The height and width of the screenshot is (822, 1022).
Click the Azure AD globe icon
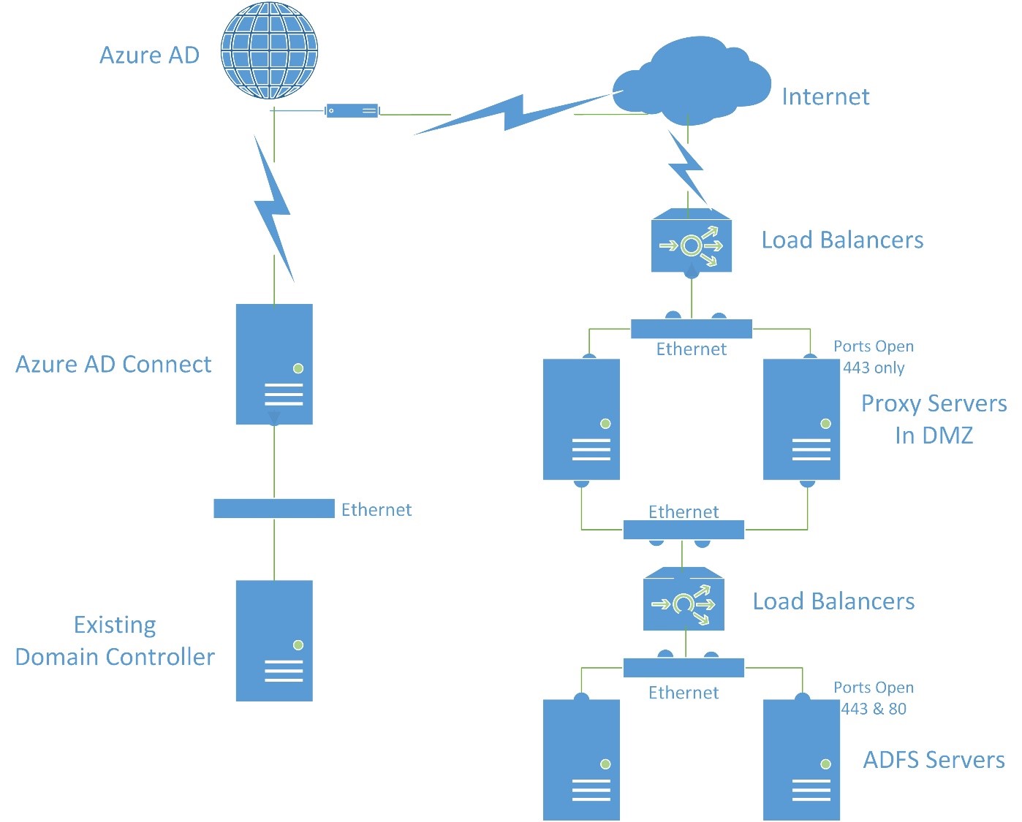pyautogui.click(x=269, y=50)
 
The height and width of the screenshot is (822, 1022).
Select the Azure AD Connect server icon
pyautogui.click(x=274, y=364)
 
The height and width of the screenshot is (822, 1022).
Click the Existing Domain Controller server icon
pyautogui.click(x=274, y=640)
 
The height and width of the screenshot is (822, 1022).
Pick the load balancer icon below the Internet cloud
pyautogui.click(x=691, y=242)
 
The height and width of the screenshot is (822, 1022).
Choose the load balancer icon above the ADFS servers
pyautogui.click(x=684, y=601)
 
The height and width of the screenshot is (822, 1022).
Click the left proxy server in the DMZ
pyautogui.click(x=581, y=419)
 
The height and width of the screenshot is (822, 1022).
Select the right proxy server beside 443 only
pyautogui.click(x=801, y=419)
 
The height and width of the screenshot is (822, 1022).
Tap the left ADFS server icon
pyautogui.click(x=581, y=760)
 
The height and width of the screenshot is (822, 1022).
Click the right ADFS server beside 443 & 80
pyautogui.click(x=801, y=760)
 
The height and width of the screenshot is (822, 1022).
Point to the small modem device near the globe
pyautogui.click(x=352, y=111)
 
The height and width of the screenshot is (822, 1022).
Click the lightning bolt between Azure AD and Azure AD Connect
pyautogui.click(x=273, y=208)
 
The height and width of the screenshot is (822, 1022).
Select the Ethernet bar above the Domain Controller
pyautogui.click(x=273, y=509)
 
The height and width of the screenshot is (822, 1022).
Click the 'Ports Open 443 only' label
pyautogui.click(x=874, y=357)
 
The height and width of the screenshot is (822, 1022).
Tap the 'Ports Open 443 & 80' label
pyautogui.click(x=874, y=698)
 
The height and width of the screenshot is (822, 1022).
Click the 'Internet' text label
pyautogui.click(x=825, y=96)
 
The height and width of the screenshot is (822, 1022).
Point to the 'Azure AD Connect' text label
pyautogui.click(x=113, y=364)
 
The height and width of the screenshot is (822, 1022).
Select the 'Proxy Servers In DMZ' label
pyautogui.click(x=934, y=419)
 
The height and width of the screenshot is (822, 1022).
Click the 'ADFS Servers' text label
pyautogui.click(x=934, y=760)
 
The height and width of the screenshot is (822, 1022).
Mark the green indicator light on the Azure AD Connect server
pyautogui.click(x=298, y=368)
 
